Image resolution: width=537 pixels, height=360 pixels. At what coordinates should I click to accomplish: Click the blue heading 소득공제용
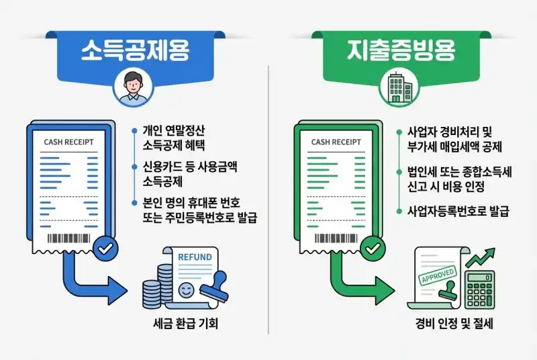point(135,50)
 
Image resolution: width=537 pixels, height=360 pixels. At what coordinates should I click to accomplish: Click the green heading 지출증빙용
point(401,50)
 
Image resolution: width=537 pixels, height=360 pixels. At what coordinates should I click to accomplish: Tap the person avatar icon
point(133,89)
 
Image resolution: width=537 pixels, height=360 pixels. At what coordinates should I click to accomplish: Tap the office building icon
point(399,88)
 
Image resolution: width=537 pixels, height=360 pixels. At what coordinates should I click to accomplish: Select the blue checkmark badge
point(105,249)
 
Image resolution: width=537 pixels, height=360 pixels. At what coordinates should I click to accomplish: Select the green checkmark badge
point(373,249)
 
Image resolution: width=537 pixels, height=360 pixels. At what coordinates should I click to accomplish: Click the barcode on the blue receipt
point(68,238)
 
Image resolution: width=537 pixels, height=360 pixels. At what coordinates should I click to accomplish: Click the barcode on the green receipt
point(336,238)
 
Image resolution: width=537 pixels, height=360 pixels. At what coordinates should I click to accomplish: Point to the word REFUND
point(195,257)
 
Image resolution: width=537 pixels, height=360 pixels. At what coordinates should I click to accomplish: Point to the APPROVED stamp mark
point(438,275)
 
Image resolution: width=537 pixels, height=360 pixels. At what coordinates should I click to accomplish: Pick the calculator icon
point(480,288)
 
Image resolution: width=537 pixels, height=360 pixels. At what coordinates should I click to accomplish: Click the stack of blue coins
point(157,287)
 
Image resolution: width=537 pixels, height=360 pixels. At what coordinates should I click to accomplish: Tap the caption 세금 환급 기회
point(186,324)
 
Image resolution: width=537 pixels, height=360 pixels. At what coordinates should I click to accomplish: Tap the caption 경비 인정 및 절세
point(454,324)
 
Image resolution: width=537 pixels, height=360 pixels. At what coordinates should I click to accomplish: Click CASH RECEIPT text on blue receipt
point(69,142)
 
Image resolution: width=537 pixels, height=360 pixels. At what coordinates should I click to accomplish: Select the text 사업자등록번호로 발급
point(458,211)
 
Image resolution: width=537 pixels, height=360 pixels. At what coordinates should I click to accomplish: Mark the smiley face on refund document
point(187,290)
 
